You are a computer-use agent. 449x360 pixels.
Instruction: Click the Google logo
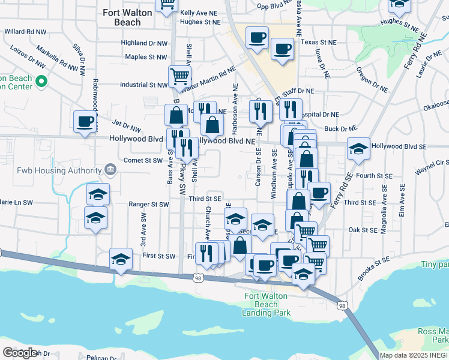(20, 353)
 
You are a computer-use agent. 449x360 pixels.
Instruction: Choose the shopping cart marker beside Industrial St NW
(179, 77)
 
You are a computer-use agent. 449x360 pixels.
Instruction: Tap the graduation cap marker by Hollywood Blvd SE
(358, 149)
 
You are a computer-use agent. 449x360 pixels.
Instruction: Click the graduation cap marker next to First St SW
(121, 259)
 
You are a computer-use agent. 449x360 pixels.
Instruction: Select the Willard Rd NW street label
(25, 31)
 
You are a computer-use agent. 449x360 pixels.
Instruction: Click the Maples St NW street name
(146, 57)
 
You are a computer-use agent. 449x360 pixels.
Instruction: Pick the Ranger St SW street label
(149, 204)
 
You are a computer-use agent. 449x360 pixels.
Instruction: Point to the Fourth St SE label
(374, 176)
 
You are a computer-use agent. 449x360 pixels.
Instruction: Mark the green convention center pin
(41, 80)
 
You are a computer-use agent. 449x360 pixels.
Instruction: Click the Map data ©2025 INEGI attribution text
(414, 355)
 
